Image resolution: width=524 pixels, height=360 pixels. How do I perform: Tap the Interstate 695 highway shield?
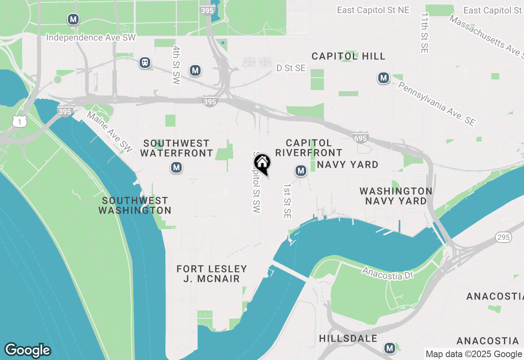[360, 138]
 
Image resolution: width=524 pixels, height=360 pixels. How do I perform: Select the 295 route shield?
[503, 237]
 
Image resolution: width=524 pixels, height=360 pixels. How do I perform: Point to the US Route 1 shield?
[19, 121]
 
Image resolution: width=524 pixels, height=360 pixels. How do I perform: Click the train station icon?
[145, 63]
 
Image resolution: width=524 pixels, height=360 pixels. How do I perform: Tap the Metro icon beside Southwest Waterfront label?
[176, 167]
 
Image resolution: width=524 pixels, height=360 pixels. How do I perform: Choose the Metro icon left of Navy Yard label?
[301, 171]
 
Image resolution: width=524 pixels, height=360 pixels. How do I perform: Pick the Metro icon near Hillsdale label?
[389, 348]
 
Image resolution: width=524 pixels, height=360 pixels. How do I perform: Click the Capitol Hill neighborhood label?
[348, 56]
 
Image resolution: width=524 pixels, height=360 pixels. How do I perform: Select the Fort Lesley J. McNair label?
[212, 274]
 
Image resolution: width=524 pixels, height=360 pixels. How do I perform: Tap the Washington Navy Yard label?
[396, 196]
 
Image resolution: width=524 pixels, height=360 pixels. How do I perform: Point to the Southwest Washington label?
[135, 205]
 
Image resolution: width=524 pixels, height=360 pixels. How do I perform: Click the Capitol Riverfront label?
[309, 148]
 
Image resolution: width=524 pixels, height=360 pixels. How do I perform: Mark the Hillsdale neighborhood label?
[348, 338]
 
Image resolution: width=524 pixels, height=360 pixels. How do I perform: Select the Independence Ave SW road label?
[91, 38]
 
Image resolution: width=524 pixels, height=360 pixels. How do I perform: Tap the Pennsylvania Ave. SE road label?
[437, 103]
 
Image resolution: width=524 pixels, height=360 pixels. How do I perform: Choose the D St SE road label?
[291, 68]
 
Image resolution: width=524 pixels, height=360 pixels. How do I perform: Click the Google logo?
[28, 350]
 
